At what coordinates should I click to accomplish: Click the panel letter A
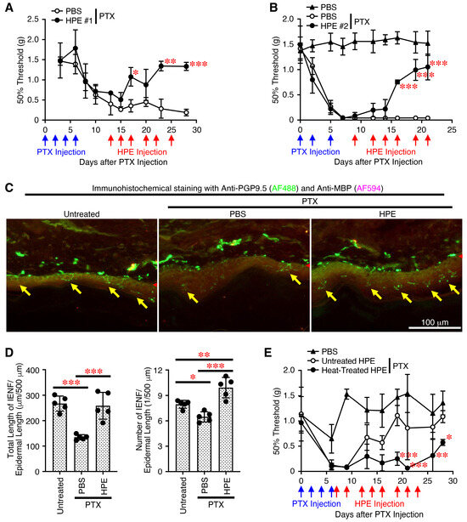click(x=9, y=7)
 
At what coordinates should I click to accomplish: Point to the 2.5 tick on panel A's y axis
click(x=33, y=20)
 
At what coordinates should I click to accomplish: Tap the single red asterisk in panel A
click(x=135, y=73)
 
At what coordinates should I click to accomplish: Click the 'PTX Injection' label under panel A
click(x=61, y=152)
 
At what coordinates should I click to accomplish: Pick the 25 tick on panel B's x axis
click(x=452, y=130)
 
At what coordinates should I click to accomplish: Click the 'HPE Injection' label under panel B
click(x=391, y=152)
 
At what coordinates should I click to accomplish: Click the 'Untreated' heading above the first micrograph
click(x=82, y=214)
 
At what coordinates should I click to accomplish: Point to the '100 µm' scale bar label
click(x=435, y=322)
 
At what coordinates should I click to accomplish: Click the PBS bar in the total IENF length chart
click(x=82, y=454)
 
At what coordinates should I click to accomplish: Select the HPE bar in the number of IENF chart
click(x=226, y=429)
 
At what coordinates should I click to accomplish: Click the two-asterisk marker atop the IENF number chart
click(x=204, y=355)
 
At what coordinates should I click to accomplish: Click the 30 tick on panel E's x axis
click(x=453, y=480)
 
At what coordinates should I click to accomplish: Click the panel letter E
click(x=268, y=352)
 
